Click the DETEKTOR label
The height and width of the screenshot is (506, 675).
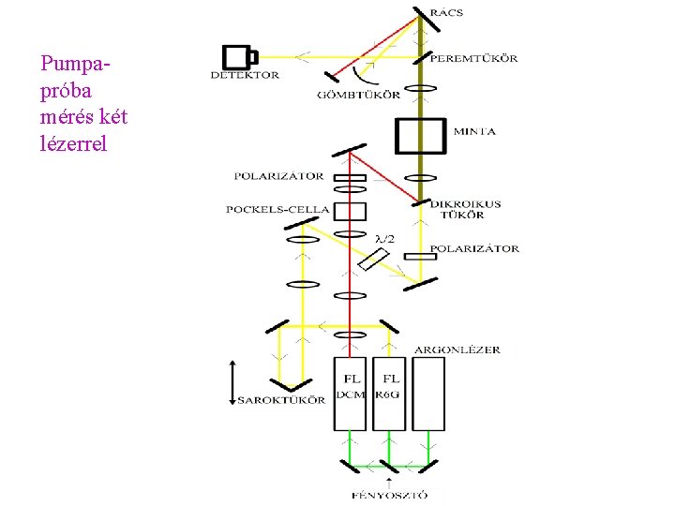244,75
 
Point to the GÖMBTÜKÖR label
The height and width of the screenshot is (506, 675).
359,94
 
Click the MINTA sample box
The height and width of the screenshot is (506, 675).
422,134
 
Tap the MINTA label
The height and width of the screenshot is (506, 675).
474,131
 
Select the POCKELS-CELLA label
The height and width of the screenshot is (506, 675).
277,209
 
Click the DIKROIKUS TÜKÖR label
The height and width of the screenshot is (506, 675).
466,210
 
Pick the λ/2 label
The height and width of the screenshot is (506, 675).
384,240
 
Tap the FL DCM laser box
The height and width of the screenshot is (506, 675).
351,394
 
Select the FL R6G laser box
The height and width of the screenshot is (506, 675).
390,394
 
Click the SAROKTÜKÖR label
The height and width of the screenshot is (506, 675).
281,400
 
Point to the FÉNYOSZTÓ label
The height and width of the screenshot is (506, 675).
389,495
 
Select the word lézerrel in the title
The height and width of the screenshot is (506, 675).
74,144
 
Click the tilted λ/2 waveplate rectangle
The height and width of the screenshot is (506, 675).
374,260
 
